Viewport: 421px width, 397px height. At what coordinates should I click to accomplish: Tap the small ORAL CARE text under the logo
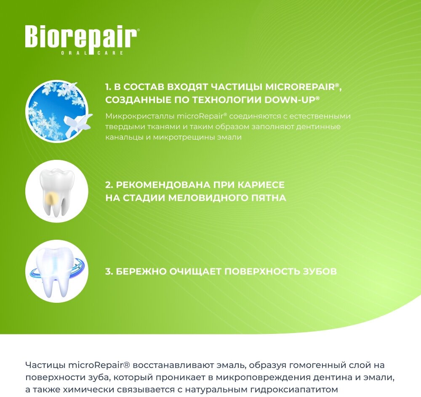pos(92,53)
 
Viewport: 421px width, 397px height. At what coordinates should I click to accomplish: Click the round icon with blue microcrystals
pos(57,111)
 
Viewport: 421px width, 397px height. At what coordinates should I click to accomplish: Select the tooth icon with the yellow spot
pos(57,191)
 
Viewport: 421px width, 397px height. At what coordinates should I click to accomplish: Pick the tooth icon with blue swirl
pos(57,271)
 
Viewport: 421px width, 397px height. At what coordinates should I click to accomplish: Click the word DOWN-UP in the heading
pos(290,100)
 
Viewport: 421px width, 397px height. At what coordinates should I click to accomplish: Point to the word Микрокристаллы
pos(140,116)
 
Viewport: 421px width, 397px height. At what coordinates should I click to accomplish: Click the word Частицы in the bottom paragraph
pos(45,365)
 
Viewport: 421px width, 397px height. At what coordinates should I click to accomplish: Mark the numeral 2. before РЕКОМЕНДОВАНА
pos(109,185)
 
